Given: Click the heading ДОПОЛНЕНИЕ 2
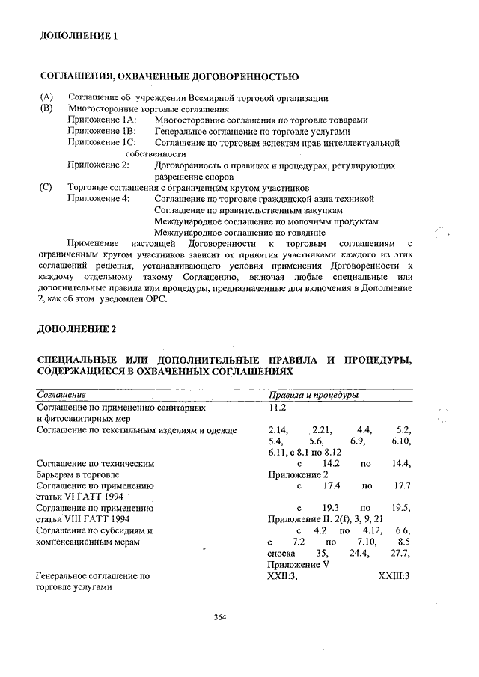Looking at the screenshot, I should coord(77,330).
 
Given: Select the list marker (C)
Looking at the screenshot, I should coord(46,188).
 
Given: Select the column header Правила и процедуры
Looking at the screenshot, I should coord(312,394).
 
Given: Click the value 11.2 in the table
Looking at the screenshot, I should coord(277,408).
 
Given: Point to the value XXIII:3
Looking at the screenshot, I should coord(394,576).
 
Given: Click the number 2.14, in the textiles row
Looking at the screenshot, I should coord(278,430).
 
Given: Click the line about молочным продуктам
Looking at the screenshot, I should coord(265,221).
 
